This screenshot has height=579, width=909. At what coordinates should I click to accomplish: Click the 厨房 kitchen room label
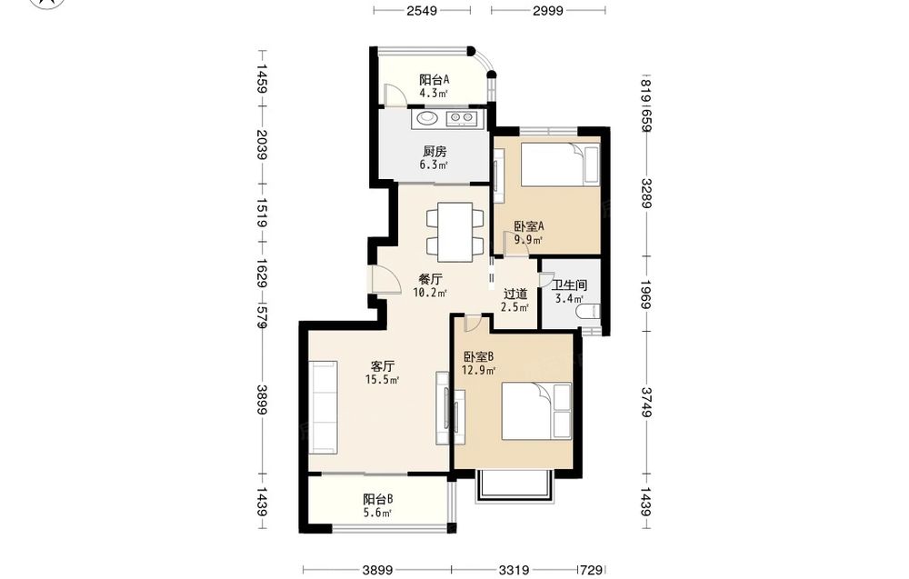click(435, 152)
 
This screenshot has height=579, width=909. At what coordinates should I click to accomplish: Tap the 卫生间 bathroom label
click(569, 285)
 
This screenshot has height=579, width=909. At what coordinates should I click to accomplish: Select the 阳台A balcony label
click(435, 79)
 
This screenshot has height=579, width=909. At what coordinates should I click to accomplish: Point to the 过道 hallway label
click(514, 294)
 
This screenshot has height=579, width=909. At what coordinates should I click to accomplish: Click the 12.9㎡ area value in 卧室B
click(478, 370)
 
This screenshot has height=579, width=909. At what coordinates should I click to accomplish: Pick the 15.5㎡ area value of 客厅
click(382, 380)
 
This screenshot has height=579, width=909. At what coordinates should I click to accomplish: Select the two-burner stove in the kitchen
click(461, 118)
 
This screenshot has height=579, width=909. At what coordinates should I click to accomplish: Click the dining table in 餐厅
click(455, 232)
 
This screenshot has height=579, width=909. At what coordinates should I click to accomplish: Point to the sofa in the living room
click(324, 407)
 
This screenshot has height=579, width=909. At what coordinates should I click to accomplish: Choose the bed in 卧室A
click(553, 165)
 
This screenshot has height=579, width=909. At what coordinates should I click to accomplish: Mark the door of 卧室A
click(516, 244)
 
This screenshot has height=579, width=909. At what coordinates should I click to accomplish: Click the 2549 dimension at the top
click(422, 10)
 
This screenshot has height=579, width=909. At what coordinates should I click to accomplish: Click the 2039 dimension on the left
click(262, 145)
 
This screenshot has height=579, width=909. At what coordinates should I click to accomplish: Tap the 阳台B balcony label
click(378, 499)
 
